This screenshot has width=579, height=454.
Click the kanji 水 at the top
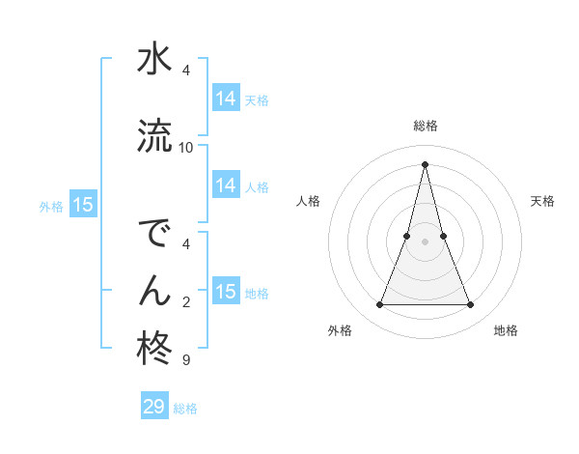(153, 60)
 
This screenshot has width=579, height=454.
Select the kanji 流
(153, 135)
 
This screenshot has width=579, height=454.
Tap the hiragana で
(153, 235)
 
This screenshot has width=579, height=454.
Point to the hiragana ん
(153, 290)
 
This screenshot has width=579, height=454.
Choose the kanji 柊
(153, 348)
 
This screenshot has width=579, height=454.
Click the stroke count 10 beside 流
(186, 147)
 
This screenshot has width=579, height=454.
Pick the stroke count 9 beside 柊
(185, 360)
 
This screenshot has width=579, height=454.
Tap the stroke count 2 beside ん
(185, 302)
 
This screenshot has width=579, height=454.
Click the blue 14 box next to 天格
(225, 99)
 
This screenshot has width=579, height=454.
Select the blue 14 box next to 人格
(225, 185)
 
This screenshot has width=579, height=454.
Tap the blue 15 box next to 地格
(225, 292)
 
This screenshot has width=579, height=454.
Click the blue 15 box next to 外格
(82, 205)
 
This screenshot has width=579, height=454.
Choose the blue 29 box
(154, 407)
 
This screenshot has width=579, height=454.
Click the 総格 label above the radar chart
(426, 126)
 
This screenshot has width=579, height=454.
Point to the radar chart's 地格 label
(506, 330)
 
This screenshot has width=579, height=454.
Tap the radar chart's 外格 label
(340, 330)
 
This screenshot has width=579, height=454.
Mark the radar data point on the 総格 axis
(425, 164)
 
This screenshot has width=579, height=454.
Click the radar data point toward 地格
(471, 305)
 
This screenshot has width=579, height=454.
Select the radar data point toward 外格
(379, 305)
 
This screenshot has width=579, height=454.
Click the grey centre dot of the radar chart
(425, 241)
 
